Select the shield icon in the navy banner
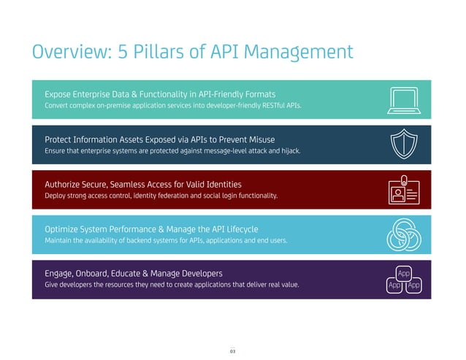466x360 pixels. tap(404, 145)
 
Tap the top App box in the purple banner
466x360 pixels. tap(404, 272)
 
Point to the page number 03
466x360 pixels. tap(233, 351)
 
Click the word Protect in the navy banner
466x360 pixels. tap(61, 139)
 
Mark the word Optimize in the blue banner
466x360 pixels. tap(64, 229)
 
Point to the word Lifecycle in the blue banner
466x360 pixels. tap(240, 229)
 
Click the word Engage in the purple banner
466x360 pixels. tap(59, 274)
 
